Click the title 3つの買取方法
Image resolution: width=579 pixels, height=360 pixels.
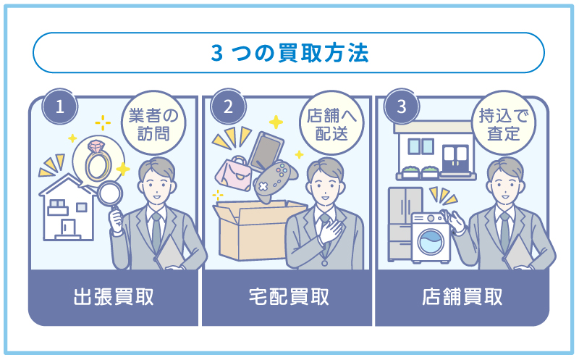coord(289,53)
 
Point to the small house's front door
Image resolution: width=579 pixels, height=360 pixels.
coord(68,227)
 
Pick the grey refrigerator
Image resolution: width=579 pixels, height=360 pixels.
coord(405,223)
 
